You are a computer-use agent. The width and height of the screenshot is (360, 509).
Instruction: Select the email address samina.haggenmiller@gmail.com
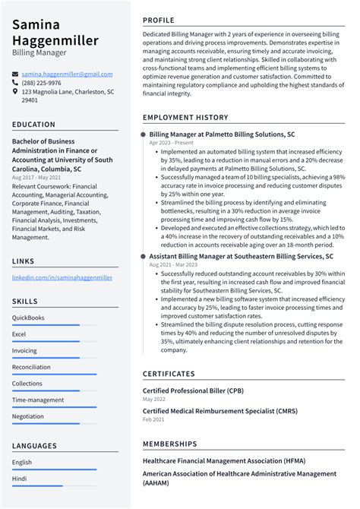click(67, 74)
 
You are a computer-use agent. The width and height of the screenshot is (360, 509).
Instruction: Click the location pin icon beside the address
click(16, 92)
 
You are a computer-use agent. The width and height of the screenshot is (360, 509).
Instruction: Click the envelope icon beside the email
click(16, 74)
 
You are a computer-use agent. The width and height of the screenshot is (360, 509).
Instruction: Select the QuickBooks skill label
click(28, 318)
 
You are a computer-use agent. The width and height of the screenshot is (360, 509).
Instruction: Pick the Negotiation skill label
click(28, 416)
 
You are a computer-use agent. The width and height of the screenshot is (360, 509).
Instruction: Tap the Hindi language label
click(20, 479)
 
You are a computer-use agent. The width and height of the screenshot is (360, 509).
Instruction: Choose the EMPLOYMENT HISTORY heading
click(185, 118)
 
